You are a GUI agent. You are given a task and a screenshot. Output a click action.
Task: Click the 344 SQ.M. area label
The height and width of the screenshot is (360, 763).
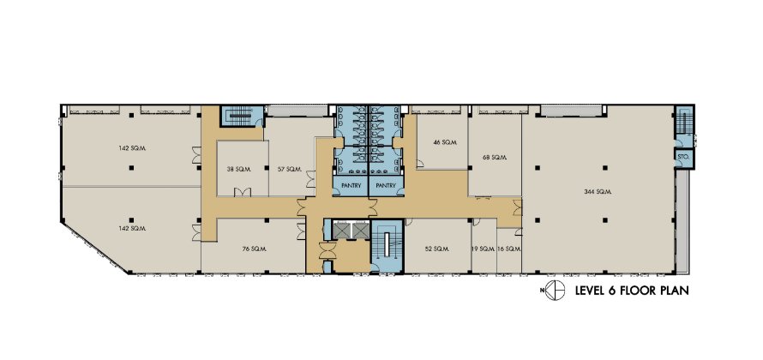[598, 192]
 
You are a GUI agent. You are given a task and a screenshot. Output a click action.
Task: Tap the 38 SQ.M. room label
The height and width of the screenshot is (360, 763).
[238, 170]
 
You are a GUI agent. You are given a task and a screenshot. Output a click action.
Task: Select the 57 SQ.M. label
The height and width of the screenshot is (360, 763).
[290, 170]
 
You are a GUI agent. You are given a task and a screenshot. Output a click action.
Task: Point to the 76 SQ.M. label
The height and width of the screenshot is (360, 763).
[253, 249]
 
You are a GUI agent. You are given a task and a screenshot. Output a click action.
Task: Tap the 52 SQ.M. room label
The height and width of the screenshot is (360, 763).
[436, 249]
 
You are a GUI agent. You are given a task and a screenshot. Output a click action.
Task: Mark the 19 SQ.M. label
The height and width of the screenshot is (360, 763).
[484, 249]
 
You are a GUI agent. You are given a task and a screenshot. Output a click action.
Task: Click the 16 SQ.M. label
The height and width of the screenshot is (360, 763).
[509, 249]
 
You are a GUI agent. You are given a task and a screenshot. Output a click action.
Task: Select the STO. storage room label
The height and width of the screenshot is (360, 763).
[682, 156]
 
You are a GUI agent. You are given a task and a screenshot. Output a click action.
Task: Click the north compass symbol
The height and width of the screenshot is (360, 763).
[555, 291]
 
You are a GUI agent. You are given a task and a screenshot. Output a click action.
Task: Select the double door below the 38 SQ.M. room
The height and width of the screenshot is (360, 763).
[242, 192]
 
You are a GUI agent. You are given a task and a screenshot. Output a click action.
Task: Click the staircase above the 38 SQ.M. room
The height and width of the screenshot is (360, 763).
[239, 116]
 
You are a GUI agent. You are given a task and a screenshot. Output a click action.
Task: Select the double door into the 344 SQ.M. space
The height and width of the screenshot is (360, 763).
[517, 207]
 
